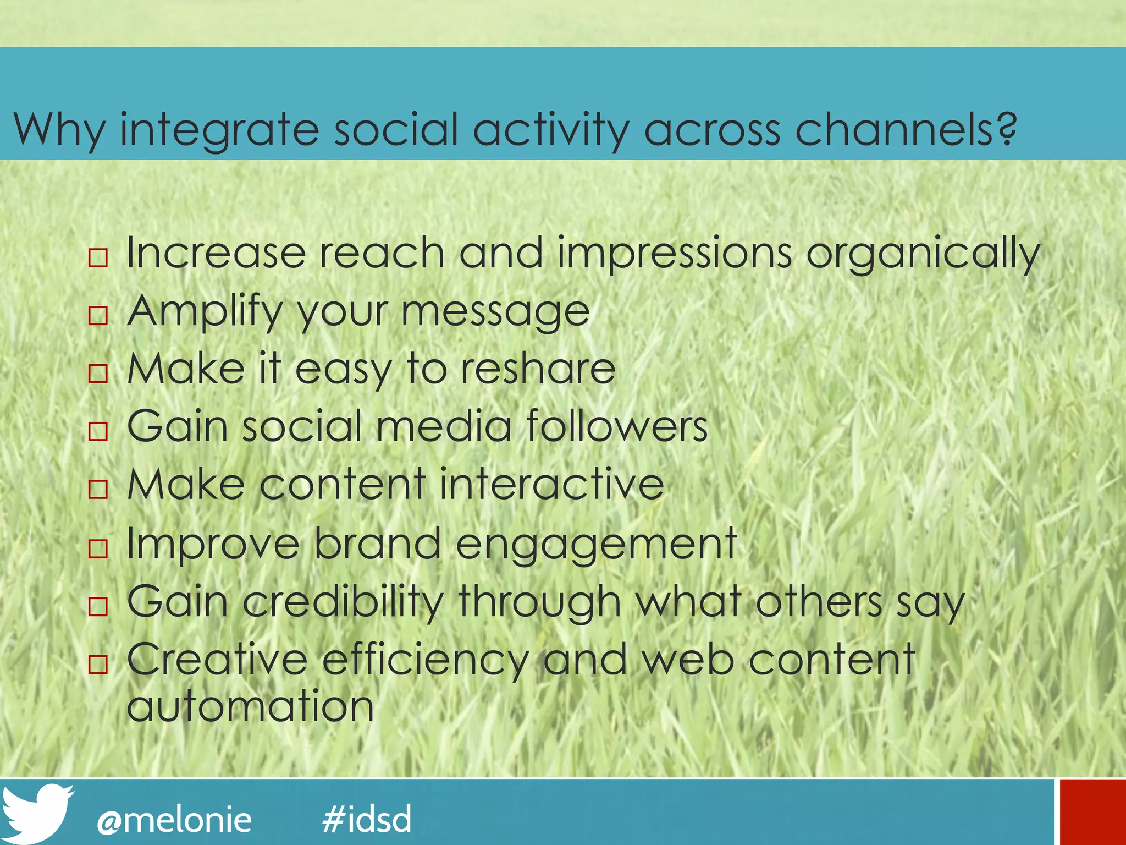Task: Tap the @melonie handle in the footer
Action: click(x=174, y=820)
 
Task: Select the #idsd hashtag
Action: click(x=367, y=819)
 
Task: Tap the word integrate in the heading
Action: click(x=219, y=130)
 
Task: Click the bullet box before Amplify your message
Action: click(x=98, y=315)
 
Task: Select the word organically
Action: click(x=923, y=254)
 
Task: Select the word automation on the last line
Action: click(x=250, y=706)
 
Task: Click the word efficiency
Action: click(x=425, y=660)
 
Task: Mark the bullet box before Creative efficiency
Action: click(x=98, y=664)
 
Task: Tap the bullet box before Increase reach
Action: click(x=98, y=257)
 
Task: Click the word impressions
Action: click(x=675, y=254)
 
